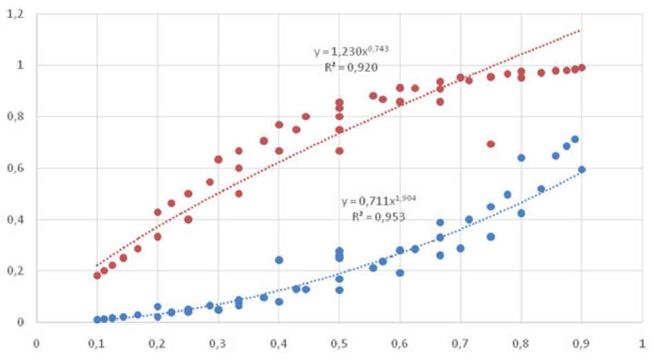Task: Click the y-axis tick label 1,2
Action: coord(14,14)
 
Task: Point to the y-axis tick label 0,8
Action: coord(14,117)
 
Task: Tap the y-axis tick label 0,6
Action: coord(14,168)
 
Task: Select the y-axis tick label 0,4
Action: coord(14,219)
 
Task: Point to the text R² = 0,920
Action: coord(351,67)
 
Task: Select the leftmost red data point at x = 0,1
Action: coord(97,275)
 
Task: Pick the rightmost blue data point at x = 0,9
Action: coord(582,169)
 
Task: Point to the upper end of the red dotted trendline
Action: coord(581,30)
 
